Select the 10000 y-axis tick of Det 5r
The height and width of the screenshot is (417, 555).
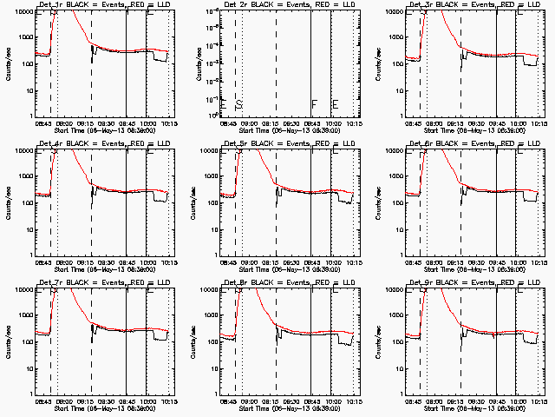[208, 150]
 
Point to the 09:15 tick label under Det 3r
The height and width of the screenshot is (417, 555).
[454, 123]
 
